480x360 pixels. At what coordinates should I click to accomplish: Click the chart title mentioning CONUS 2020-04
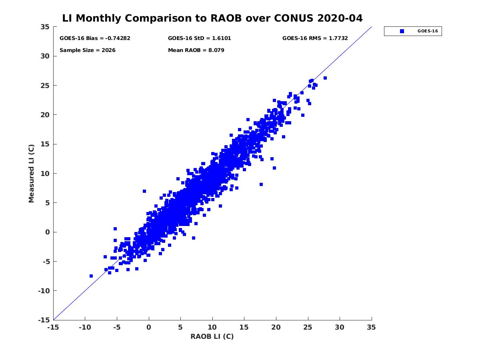212,18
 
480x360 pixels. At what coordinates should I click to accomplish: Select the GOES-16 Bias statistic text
95,38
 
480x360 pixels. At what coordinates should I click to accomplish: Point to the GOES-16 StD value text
199,38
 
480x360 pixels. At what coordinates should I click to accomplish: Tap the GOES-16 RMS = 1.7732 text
315,38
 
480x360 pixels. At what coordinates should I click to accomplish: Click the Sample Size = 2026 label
87,50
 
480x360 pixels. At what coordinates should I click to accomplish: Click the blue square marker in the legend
402,31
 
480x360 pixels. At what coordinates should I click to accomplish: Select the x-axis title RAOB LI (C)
212,336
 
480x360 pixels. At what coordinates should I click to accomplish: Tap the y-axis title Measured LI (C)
31,174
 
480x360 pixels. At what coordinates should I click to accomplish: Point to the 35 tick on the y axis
45,27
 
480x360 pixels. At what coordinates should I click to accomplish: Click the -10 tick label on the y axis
43,291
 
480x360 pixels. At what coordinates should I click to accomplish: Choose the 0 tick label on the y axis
47,232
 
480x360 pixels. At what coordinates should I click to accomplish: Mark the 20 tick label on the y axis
45,115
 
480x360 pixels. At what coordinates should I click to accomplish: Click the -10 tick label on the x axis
84,327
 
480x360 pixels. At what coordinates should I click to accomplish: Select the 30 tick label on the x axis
340,327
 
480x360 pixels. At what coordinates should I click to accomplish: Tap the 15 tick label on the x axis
244,327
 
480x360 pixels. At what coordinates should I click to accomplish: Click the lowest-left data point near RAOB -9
91,276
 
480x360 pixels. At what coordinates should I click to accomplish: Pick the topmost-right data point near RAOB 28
325,78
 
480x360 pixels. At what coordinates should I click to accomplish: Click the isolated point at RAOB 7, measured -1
194,238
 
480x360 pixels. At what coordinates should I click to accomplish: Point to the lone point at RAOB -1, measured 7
144,191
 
